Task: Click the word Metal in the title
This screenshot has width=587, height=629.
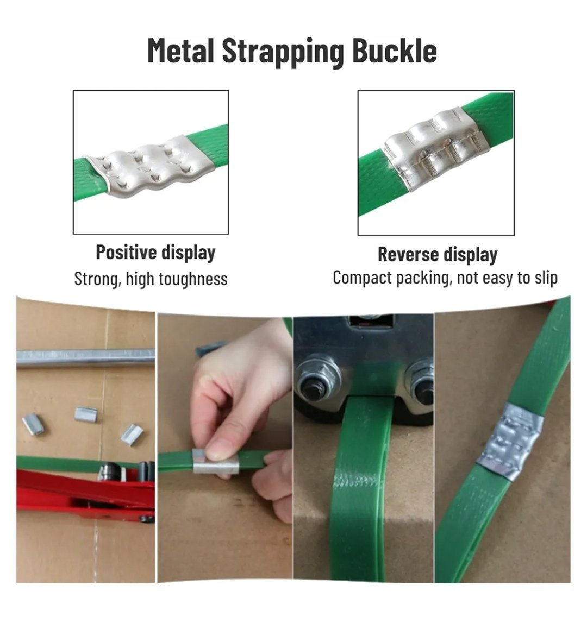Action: (x=180, y=51)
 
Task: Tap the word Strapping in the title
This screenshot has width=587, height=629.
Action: (x=283, y=52)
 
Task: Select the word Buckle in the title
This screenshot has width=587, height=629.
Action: (x=395, y=51)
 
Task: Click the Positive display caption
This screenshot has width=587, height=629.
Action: (x=155, y=253)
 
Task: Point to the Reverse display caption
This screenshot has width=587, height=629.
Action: (x=438, y=255)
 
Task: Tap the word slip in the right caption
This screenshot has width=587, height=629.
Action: (x=546, y=278)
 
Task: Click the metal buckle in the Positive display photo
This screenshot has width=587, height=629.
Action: (x=149, y=166)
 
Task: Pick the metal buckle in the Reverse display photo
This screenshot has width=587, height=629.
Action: (x=436, y=147)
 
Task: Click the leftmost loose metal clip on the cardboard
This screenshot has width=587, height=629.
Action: (x=33, y=424)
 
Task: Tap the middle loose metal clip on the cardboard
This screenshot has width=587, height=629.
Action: (x=86, y=414)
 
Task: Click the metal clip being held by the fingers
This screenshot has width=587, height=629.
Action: (x=215, y=461)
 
